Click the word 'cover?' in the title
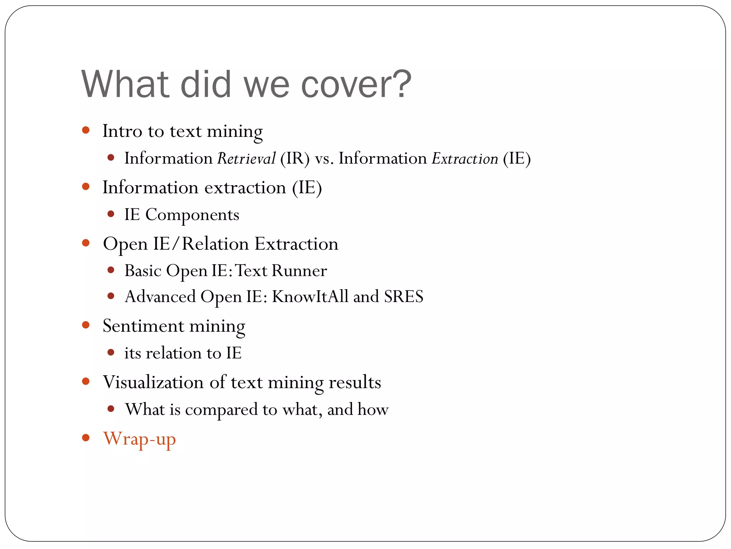pyautogui.click(x=356, y=85)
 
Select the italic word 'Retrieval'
pyautogui.click(x=246, y=158)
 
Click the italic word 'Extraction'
pyautogui.click(x=465, y=158)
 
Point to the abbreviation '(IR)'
pyautogui.click(x=295, y=158)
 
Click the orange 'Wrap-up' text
pyautogui.click(x=139, y=439)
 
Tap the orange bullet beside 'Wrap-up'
pyautogui.click(x=86, y=437)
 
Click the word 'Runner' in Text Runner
pyautogui.click(x=299, y=271)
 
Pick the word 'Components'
pyautogui.click(x=192, y=215)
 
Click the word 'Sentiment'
pyautogui.click(x=143, y=326)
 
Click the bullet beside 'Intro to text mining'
pyautogui.click(x=86, y=130)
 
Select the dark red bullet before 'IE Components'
pyautogui.click(x=111, y=214)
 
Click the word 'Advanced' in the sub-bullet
pyautogui.click(x=160, y=297)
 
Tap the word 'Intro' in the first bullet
pyautogui.click(x=122, y=131)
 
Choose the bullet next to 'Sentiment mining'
pyautogui.click(x=86, y=325)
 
